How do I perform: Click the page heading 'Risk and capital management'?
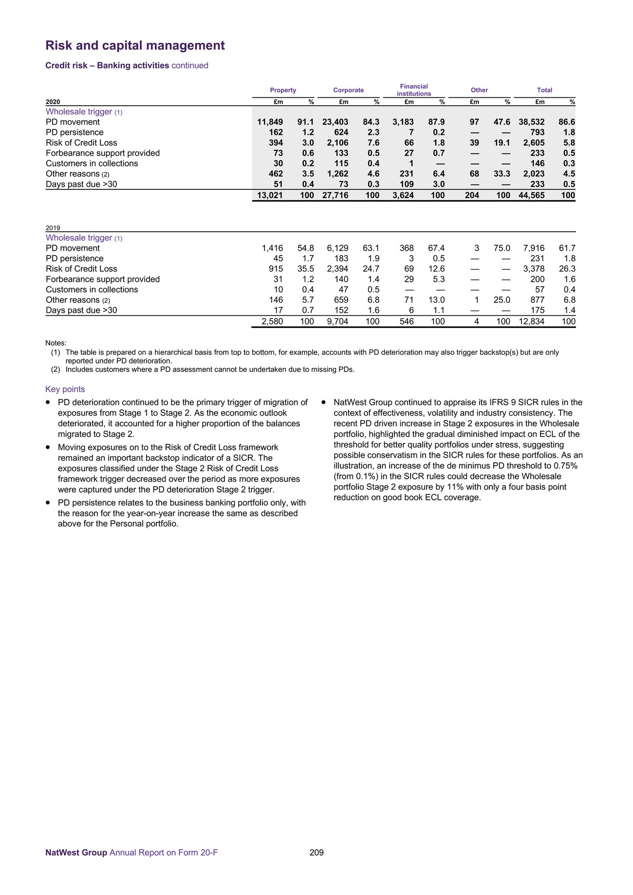pyautogui.click(x=135, y=46)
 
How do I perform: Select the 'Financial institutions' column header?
pyautogui.click(x=413, y=90)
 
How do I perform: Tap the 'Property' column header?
pyautogui.click(x=283, y=90)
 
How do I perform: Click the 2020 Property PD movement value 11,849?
pyautogui.click(x=270, y=122)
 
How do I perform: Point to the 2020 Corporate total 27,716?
pyautogui.click(x=335, y=196)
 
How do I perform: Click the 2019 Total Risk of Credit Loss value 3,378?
pyautogui.click(x=534, y=269)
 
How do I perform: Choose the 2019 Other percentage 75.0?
pyautogui.click(x=502, y=248)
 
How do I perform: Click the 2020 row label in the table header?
pyautogui.click(x=53, y=102)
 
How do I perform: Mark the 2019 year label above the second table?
pyautogui.click(x=53, y=228)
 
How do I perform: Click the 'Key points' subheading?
pyautogui.click(x=65, y=389)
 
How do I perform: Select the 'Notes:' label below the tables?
pyautogui.click(x=56, y=343)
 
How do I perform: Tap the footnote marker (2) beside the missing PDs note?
pyautogui.click(x=56, y=369)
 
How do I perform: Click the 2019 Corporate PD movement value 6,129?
pyautogui.click(x=337, y=248)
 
